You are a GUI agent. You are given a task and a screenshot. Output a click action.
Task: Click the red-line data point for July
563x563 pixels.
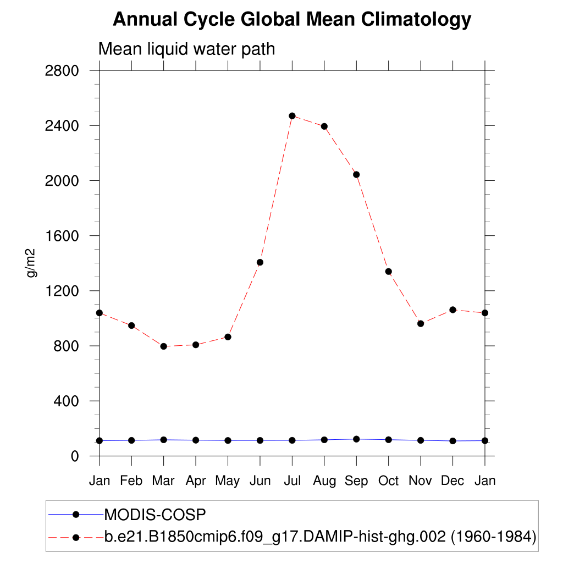[x=292, y=116]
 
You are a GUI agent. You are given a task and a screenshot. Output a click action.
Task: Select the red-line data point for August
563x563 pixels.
[x=324, y=126]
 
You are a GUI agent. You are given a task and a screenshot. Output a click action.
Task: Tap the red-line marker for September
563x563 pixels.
[x=356, y=174]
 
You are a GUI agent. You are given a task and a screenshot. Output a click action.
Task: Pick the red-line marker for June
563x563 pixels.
[x=260, y=262]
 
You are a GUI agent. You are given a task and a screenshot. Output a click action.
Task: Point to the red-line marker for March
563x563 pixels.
[x=163, y=346]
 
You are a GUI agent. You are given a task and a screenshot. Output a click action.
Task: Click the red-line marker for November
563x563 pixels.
[x=421, y=323]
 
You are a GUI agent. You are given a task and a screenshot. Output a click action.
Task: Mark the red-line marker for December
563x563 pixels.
[x=452, y=310]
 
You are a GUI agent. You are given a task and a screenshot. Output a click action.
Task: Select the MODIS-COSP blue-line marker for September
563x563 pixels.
[x=356, y=439]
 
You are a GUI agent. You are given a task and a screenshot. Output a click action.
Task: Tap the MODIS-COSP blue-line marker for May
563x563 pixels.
[x=228, y=440]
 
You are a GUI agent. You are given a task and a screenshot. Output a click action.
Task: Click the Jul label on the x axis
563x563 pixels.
[x=292, y=481]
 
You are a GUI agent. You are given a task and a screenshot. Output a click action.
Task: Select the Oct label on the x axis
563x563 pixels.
[x=388, y=481]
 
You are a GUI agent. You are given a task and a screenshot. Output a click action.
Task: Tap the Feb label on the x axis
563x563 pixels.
[x=131, y=481]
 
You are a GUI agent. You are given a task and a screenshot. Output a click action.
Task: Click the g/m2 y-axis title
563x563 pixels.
[x=31, y=263]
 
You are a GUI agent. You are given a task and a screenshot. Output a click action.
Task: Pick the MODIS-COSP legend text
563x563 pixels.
[x=154, y=515]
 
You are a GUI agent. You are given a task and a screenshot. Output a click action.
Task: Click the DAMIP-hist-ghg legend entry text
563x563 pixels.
[x=320, y=536]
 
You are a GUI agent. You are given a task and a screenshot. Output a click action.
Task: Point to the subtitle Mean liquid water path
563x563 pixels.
[x=186, y=49]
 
